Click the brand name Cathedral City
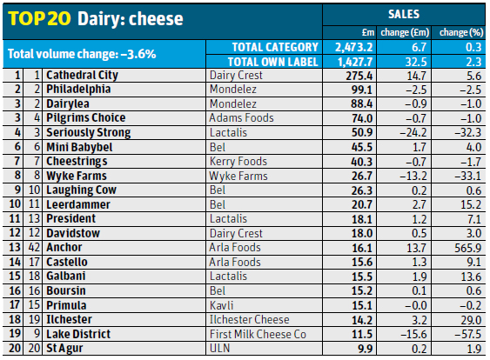coord(83,76)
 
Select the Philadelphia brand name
coord(79,90)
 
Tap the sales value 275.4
coord(346,76)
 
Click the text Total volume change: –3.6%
coord(82,54)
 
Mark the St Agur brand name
coord(66,349)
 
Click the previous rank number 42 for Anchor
coord(35,248)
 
